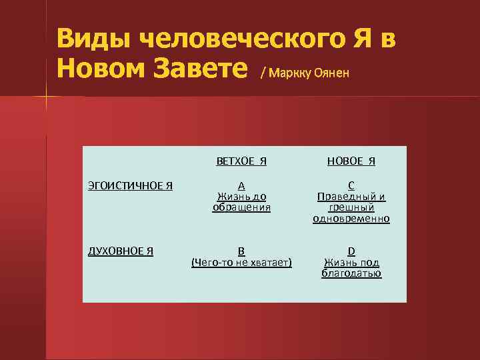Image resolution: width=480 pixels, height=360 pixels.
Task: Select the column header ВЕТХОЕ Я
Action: (x=241, y=161)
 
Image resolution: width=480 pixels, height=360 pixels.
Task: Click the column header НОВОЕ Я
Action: (x=351, y=161)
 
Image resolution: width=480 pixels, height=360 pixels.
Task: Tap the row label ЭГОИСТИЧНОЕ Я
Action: (x=131, y=185)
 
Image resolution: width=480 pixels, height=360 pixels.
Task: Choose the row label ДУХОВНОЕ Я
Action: (x=121, y=251)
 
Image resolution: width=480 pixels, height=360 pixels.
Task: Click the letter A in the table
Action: (x=241, y=186)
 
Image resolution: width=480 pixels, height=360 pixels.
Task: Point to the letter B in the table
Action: (x=241, y=251)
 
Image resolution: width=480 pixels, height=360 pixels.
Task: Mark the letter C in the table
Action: (x=351, y=186)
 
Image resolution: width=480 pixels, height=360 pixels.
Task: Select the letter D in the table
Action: (x=351, y=251)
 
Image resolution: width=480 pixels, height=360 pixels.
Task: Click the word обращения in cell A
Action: (x=241, y=207)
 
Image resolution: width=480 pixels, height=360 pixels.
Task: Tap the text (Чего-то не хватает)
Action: (x=241, y=263)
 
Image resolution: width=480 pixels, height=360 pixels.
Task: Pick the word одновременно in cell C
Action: (x=351, y=219)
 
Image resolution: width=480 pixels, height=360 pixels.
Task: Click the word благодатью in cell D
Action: (x=351, y=273)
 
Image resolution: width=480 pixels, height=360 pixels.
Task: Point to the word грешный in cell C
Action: (x=351, y=208)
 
